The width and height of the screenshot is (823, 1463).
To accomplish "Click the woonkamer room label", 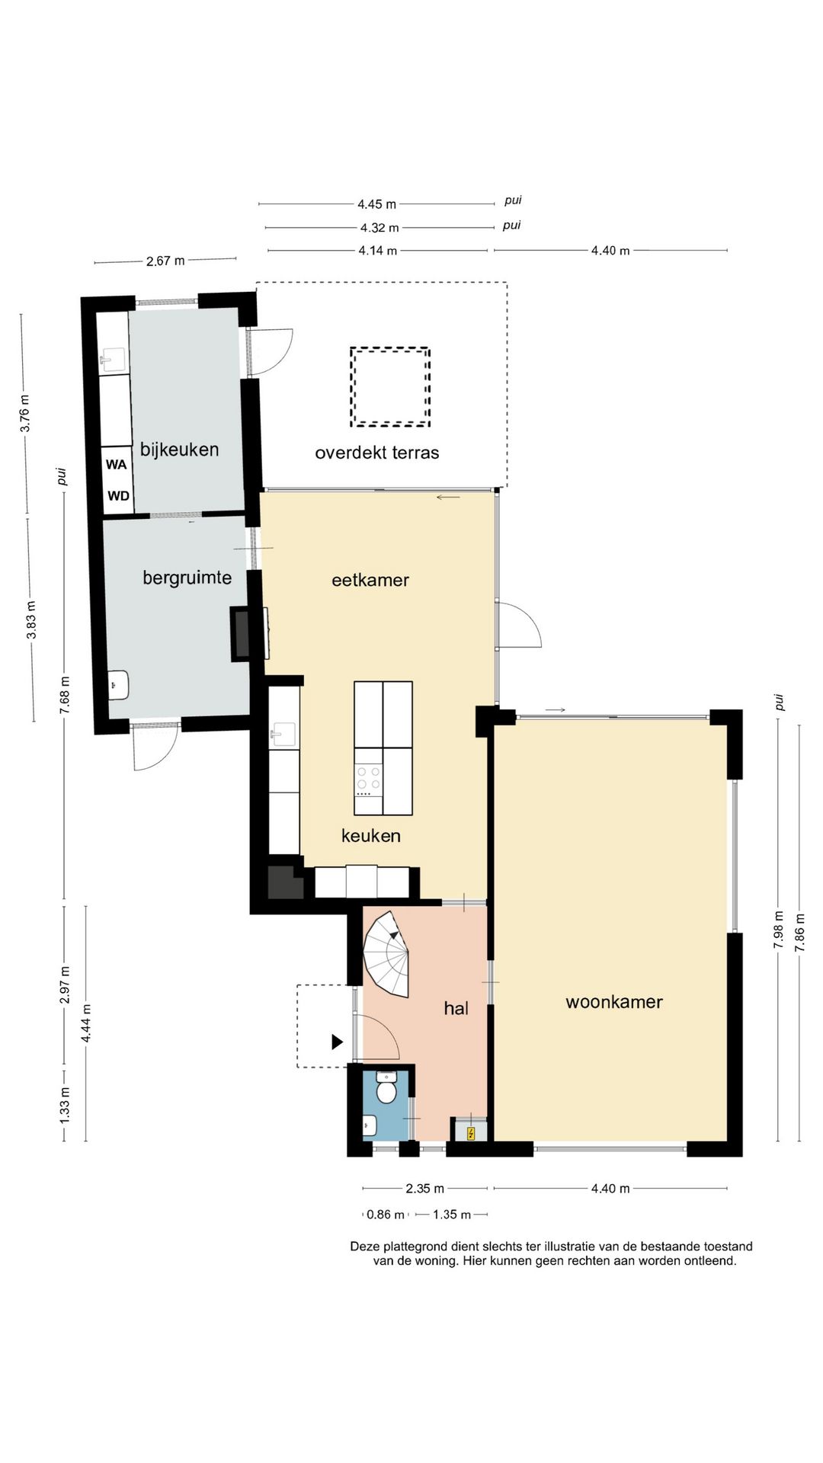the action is coord(614,1002).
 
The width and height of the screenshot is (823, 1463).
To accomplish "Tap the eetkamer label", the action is coord(370,580).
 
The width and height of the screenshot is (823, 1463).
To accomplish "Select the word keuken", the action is coord(371,836).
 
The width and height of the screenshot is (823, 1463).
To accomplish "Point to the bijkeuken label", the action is coord(180,450).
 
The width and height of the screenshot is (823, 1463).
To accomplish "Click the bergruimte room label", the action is coord(187,578).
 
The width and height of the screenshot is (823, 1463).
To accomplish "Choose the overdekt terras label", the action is coord(377,453).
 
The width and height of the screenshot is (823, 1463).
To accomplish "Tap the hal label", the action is coord(456,1008).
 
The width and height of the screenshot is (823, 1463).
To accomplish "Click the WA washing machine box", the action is coord(117,464).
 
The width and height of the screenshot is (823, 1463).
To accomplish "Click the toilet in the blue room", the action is coord(387,1087).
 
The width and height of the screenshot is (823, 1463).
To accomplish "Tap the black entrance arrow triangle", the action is coord(337,1042).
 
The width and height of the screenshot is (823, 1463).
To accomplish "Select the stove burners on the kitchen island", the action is coord(369,776).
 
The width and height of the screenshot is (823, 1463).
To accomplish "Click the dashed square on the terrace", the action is coord(390,386).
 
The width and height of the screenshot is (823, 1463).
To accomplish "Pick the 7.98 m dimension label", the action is coord(778,930).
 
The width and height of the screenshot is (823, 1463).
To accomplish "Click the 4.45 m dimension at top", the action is coord(377,204).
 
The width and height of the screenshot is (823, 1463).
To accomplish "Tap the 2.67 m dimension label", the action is coord(165,261).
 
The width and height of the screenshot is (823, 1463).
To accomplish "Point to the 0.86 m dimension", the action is coord(386,1215).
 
